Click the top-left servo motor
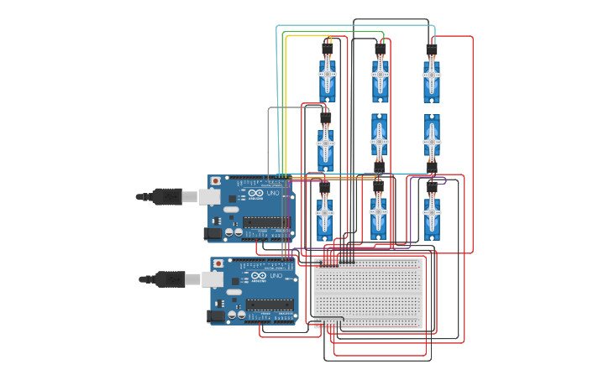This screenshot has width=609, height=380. (x=327, y=76)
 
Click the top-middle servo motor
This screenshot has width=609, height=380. (x=380, y=76)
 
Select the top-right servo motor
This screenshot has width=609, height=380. (x=431, y=76)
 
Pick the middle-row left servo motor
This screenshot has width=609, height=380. (x=325, y=146)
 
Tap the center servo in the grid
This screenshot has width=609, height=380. (x=379, y=137)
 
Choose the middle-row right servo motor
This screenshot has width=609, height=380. (x=431, y=137)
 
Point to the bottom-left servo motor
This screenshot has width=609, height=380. (x=324, y=215)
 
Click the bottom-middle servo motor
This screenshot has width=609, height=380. (x=378, y=215)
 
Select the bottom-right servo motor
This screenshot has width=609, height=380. (x=431, y=215)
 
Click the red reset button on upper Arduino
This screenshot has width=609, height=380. (x=216, y=180)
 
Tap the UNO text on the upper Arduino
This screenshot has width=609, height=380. (x=273, y=194)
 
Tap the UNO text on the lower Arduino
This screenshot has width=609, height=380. (x=276, y=276)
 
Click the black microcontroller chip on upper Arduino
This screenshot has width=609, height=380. (x=267, y=222)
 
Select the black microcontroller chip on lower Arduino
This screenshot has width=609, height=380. (x=270, y=305)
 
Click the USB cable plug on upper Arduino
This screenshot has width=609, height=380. (x=168, y=197)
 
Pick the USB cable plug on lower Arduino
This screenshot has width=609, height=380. (x=171, y=279)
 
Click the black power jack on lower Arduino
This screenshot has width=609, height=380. (x=217, y=315)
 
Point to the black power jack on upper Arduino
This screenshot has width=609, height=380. (x=213, y=233)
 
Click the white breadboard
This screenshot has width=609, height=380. (x=367, y=293)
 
